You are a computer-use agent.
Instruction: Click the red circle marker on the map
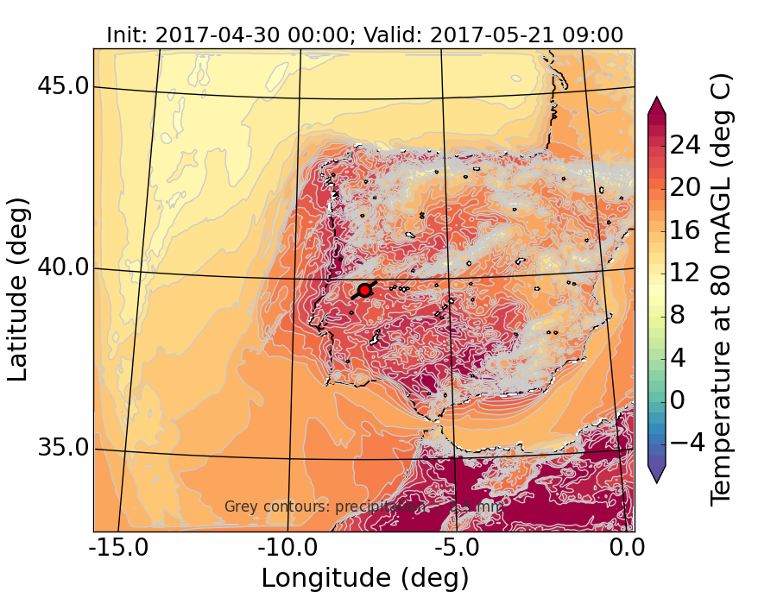(364, 290)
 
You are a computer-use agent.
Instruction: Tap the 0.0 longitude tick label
(622, 549)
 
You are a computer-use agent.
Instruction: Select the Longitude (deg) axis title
(364, 577)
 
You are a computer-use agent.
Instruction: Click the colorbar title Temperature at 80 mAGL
(721, 289)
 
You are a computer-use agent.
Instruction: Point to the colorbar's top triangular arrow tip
(656, 98)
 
